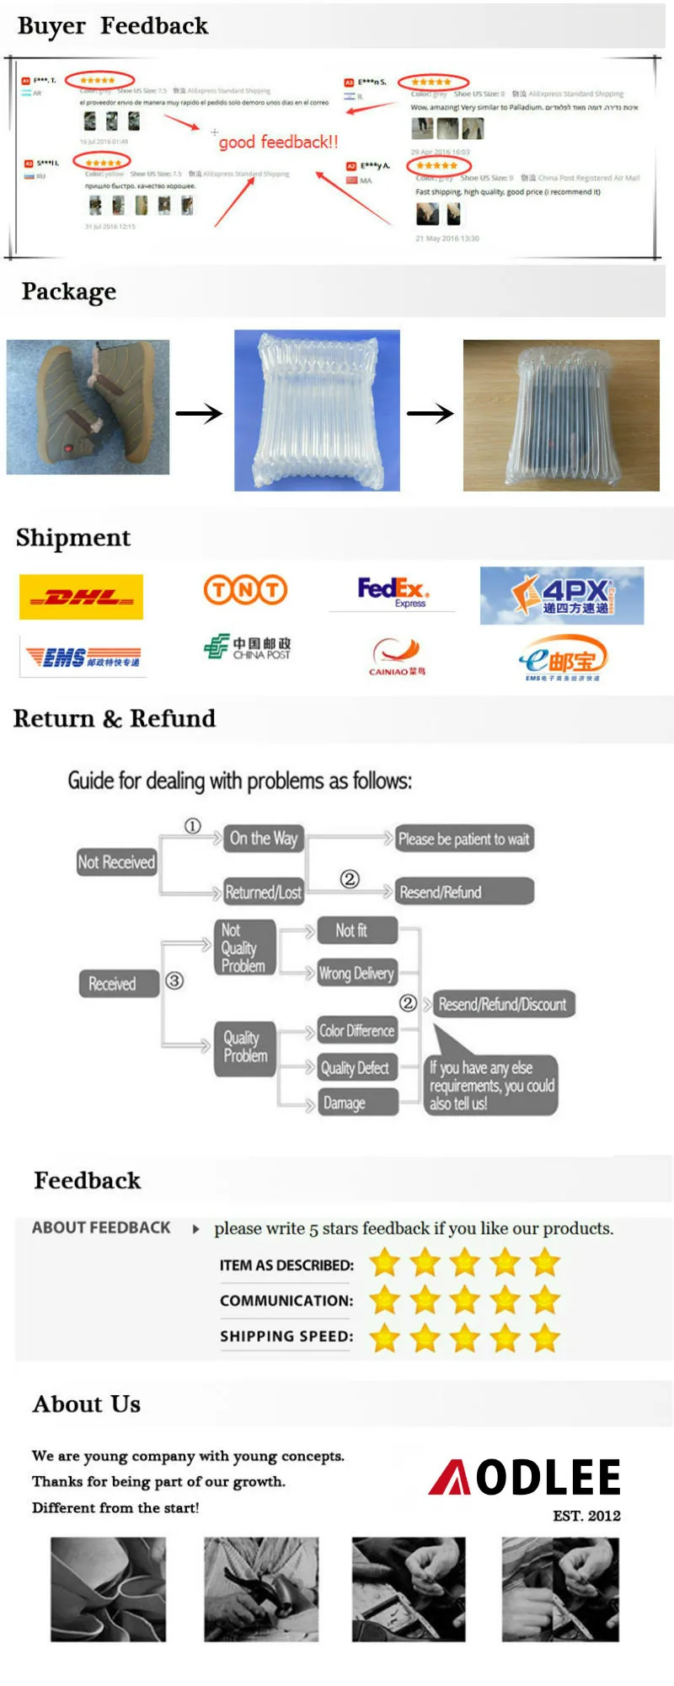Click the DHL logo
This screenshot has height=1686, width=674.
(81, 597)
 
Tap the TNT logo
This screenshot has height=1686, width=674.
(245, 590)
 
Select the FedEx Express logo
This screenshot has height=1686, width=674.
(393, 592)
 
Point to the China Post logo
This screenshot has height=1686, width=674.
(247, 647)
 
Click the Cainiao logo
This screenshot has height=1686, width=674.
(397, 657)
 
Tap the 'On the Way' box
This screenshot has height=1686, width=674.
(264, 839)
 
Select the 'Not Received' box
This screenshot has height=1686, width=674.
(116, 862)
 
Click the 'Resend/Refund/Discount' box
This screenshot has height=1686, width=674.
(502, 1004)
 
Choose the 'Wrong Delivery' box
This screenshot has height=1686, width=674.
(356, 974)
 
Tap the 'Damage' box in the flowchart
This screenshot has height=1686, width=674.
(356, 1103)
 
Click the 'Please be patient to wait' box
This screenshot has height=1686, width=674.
(463, 840)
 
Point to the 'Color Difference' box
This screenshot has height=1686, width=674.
(356, 1031)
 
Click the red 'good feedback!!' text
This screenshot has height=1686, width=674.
(278, 142)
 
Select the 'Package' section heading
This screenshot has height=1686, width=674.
(69, 292)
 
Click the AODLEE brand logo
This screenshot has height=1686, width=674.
(525, 1478)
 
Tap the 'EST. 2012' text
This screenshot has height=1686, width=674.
(586, 1516)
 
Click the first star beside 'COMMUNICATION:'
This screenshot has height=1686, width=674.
(385, 1300)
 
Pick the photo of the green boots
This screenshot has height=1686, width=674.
(88, 407)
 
